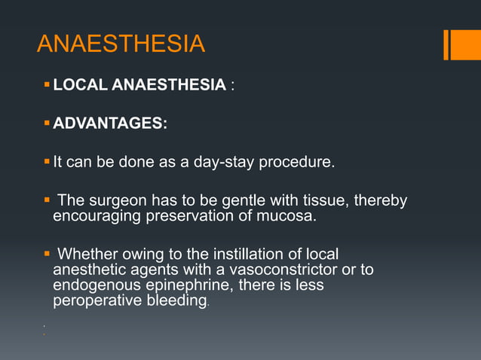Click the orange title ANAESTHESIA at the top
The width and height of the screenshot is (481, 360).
pyautogui.click(x=121, y=44)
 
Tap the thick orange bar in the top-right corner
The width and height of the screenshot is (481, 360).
pyautogui.click(x=461, y=44)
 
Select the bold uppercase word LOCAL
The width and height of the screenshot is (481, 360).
pyautogui.click(x=80, y=85)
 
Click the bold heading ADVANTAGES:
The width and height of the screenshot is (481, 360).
pyautogui.click(x=110, y=124)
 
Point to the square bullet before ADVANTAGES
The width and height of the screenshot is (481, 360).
pyautogui.click(x=47, y=123)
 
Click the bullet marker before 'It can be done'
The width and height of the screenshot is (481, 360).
pyautogui.click(x=47, y=161)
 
